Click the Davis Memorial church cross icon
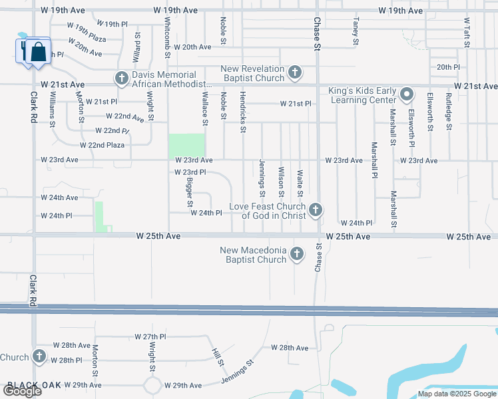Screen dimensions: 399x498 121,79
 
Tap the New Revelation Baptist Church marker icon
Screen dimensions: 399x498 296,72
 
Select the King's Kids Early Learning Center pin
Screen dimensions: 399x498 407,94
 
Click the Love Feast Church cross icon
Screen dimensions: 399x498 316,211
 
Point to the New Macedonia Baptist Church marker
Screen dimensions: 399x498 297,254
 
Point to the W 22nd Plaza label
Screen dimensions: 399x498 102,145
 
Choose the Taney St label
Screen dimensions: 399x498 356,31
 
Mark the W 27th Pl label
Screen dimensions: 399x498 150,337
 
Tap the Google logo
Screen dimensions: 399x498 22,391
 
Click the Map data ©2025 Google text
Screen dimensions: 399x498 457,394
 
